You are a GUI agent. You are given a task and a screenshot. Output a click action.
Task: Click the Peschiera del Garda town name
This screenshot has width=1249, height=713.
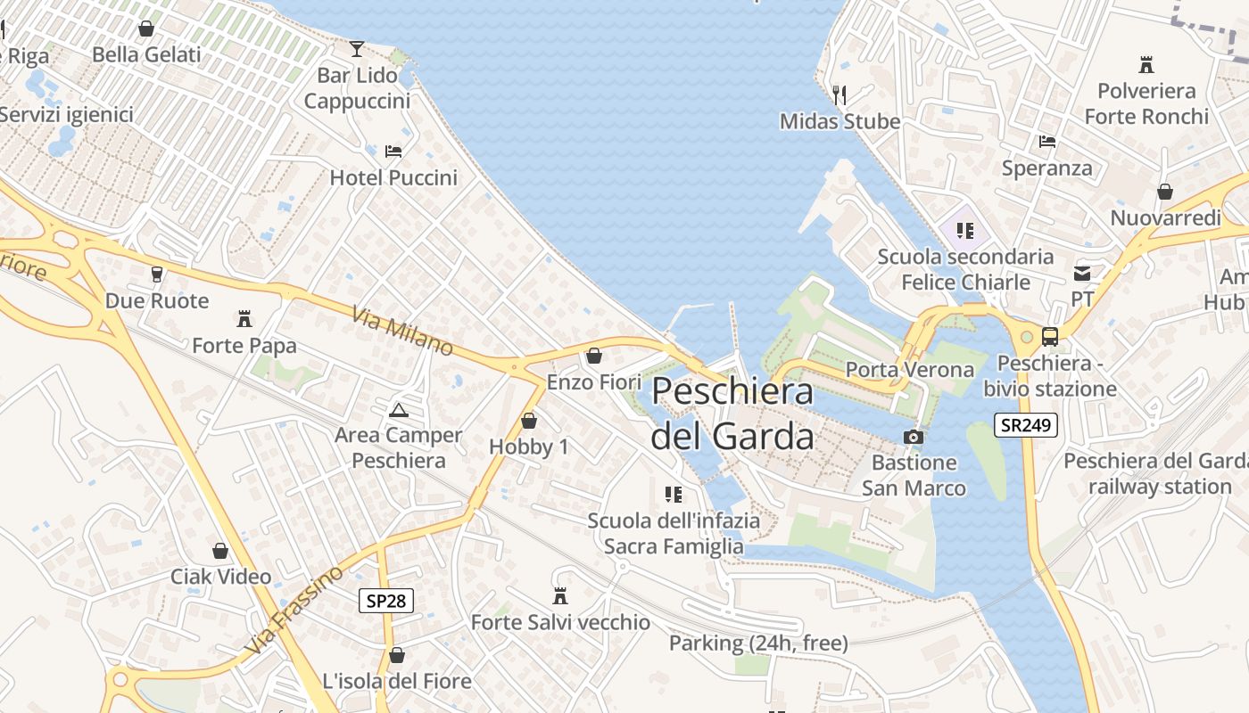coord(732,414)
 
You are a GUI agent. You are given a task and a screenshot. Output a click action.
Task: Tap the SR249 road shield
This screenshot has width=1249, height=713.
coord(1025,425)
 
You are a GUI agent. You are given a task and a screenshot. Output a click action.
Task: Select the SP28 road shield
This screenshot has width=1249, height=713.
coord(386,601)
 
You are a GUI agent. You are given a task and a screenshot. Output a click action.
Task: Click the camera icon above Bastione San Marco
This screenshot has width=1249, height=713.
coord(914,437)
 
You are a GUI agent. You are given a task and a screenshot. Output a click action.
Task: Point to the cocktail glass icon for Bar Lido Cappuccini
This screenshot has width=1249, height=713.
coord(357,48)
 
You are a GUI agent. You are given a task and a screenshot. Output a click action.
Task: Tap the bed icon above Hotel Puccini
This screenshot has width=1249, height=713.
coord(393,152)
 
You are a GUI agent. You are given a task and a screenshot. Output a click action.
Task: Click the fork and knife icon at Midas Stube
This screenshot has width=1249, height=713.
coord(839,94)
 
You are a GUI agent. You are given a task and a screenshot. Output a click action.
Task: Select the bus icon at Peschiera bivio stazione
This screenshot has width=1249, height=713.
coord(1050,337)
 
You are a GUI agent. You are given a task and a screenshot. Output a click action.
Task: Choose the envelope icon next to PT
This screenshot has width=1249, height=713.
coord(1082,274)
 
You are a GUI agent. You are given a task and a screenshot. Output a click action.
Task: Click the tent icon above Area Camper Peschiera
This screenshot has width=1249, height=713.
coord(398,410)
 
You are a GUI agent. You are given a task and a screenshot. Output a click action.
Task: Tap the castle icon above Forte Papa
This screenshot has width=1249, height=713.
coord(244,318)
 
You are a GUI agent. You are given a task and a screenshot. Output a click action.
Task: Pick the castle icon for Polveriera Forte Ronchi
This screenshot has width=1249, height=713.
coord(1146,64)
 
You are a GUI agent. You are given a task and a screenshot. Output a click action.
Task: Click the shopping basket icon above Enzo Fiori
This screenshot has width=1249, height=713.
coord(594,356)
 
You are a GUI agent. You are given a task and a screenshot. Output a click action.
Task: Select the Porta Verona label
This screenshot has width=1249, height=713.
coord(909,369)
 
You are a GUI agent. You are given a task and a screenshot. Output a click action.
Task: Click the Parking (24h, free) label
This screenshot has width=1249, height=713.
coord(758,643)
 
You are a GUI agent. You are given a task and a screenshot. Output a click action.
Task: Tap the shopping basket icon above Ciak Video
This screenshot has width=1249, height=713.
coord(220,551)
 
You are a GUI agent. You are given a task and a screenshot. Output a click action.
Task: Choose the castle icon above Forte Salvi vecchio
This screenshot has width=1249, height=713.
coord(560,595)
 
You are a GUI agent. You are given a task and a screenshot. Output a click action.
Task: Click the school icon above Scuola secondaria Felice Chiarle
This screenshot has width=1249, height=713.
coord(964,231)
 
